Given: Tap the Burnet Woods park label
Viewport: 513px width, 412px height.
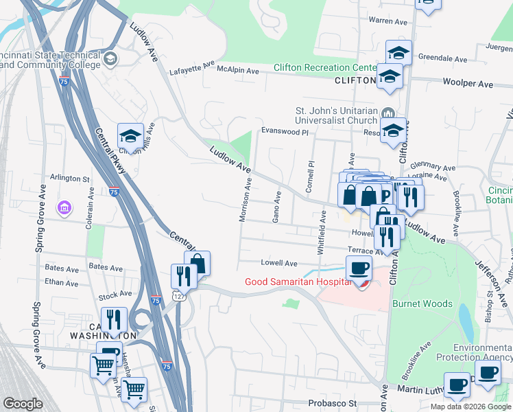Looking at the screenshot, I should pyautogui.click(x=422, y=304).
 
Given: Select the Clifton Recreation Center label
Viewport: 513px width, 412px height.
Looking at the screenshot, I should pyautogui.click(x=324, y=67).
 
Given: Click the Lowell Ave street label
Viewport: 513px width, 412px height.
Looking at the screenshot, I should pyautogui.click(x=278, y=263).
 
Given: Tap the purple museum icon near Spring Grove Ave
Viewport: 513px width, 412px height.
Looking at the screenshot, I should pyautogui.click(x=64, y=207).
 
